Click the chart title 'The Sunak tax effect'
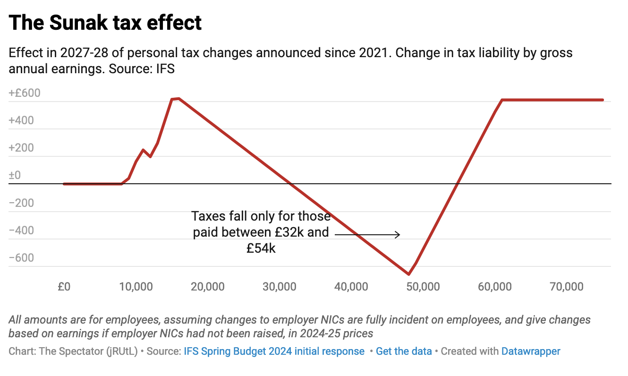coord(105,22)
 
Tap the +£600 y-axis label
coord(25,93)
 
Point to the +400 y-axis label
coord(21,120)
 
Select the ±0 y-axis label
coord(15,175)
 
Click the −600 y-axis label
coord(21,258)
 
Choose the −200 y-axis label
coord(21,203)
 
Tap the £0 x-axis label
coord(64,286)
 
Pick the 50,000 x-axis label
coord(424,286)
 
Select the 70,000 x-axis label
coord(567,286)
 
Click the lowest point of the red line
coord(408,274)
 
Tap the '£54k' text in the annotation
coord(261,248)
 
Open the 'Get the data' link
coord(404,351)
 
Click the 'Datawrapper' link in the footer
coord(531,351)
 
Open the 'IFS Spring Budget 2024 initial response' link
coord(274,351)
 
